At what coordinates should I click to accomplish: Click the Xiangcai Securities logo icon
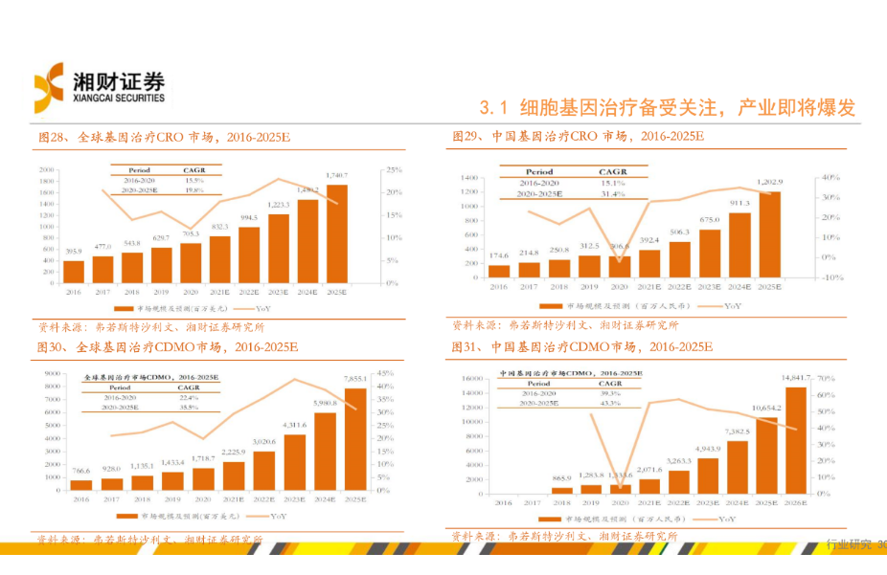(49, 86)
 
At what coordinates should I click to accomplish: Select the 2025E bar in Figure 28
(336, 233)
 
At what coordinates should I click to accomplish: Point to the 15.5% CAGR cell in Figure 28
(194, 180)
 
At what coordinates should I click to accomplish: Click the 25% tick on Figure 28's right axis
(393, 169)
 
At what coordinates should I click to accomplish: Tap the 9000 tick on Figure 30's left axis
(54, 373)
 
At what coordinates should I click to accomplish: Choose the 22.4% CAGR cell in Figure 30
(188, 397)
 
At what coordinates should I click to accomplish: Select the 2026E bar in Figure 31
(796, 439)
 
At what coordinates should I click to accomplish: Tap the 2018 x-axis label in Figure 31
(562, 501)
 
